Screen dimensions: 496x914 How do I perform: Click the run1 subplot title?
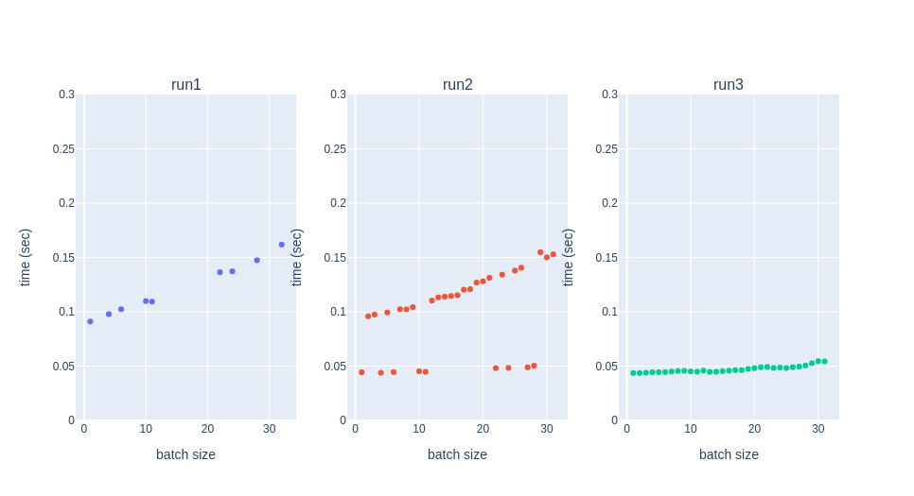[x=185, y=85]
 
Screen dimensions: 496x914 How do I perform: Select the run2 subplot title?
[x=457, y=85]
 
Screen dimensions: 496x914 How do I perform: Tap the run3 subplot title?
[x=728, y=85]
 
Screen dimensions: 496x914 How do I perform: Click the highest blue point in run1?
[x=281, y=245]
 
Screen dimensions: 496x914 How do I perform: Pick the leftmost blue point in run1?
[x=90, y=321]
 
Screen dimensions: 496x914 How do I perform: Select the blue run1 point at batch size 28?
[x=256, y=260]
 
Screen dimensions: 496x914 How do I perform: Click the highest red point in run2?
[x=540, y=252]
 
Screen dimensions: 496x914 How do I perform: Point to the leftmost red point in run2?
[x=361, y=372]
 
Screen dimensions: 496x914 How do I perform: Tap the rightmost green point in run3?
[x=824, y=361]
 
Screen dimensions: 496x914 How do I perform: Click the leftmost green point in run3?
[x=633, y=373]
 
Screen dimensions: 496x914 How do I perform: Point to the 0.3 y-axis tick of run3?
[x=609, y=94]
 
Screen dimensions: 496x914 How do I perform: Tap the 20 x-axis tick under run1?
[x=207, y=429]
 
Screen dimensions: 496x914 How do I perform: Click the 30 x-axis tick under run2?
[x=547, y=429]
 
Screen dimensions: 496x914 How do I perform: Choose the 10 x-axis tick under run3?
[x=691, y=429]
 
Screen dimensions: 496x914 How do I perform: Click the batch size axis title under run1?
[x=185, y=454]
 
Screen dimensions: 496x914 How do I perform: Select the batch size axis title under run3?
[x=729, y=454]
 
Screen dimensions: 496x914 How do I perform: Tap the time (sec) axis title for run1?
[x=26, y=257]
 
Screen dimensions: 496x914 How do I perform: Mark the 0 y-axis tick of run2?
[x=343, y=420]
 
